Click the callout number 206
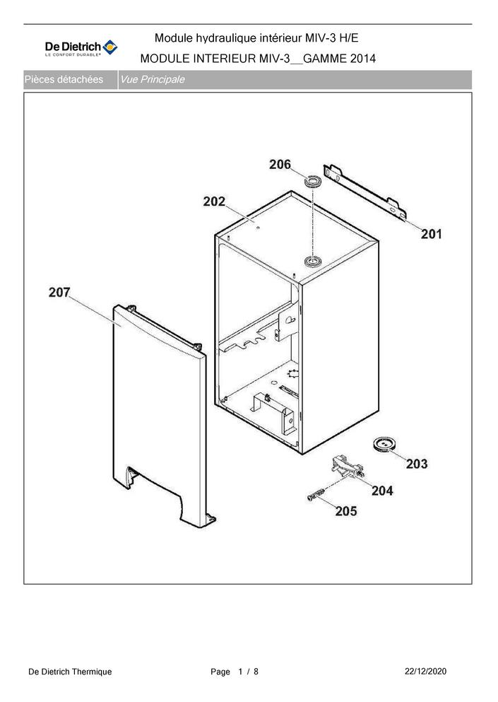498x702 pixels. [x=280, y=164]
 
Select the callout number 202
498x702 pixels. [x=214, y=201]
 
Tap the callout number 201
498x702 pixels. [x=431, y=233]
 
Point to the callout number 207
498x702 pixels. [x=59, y=292]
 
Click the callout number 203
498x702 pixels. [x=417, y=464]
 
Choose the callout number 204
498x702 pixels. [x=382, y=490]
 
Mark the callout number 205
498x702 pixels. [x=346, y=510]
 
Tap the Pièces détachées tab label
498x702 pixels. [x=64, y=80]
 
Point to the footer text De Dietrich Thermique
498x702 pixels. [x=70, y=671]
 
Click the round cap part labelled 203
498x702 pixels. [x=384, y=444]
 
